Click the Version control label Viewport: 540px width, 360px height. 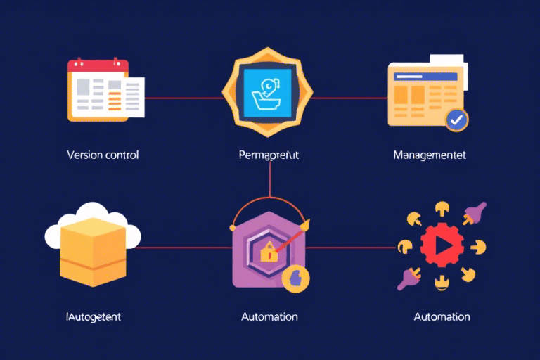[103, 155]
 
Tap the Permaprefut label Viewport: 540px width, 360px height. [269, 155]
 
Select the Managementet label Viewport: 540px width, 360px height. [430, 155]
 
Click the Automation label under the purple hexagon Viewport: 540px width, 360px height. [269, 317]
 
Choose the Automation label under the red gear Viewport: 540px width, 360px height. [442, 317]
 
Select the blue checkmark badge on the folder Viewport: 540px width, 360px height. [457, 120]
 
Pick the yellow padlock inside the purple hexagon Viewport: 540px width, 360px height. [269, 252]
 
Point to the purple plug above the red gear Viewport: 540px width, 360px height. [476, 213]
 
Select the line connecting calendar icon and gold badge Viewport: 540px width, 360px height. [183, 98]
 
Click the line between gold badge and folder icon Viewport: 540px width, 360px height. [352, 98]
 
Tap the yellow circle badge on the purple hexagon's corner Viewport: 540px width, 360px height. [295, 278]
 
